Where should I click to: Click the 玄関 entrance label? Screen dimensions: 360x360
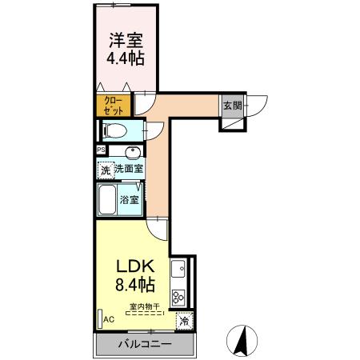tap(232, 106)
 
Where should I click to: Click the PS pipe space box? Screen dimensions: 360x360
tap(101, 150)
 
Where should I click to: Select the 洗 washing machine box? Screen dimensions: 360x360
tap(105, 169)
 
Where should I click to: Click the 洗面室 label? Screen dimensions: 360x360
tap(128, 169)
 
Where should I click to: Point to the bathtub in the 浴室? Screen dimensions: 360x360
tap(107, 200)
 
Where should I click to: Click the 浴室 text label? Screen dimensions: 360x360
tap(131, 200)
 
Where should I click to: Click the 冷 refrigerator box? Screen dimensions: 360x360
tap(184, 321)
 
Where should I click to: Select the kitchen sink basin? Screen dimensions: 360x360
tap(181, 270)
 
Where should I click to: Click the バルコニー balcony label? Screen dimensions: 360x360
tap(144, 345)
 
